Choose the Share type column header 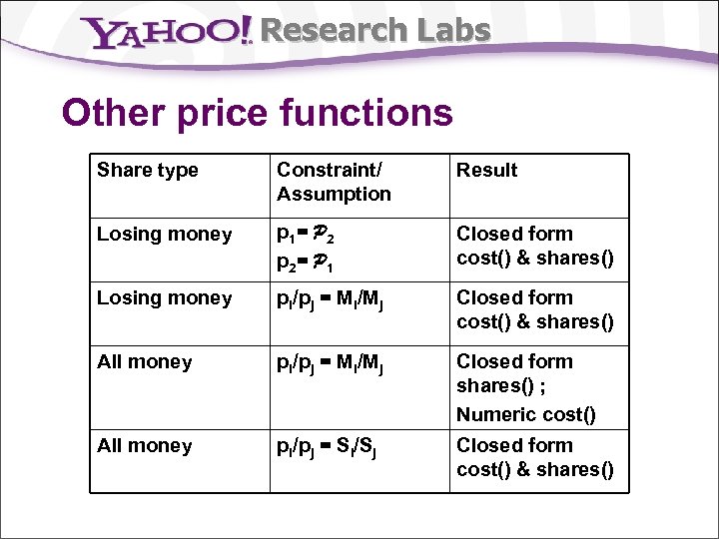pos(148,171)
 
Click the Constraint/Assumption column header pos(334,182)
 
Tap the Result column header pos(487,171)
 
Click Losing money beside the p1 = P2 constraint pos(165,235)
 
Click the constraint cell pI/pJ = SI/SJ pos(332,447)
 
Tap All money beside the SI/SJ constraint pos(145,446)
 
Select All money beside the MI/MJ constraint pos(145,362)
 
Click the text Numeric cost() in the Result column pos(525,414)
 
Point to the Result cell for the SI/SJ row pos(535,457)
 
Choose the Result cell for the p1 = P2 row pos(535,246)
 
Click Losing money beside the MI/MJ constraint pos(165,298)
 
